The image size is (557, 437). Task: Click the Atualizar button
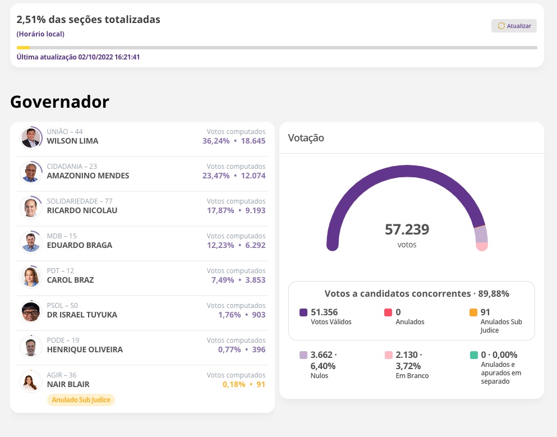(x=514, y=26)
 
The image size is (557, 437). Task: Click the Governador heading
(x=59, y=102)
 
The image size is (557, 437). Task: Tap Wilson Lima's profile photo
(x=30, y=137)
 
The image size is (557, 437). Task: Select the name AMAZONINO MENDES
(x=88, y=176)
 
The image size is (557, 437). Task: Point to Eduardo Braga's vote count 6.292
(x=253, y=245)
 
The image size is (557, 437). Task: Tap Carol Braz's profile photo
(x=30, y=277)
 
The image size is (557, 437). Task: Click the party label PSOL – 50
(x=62, y=306)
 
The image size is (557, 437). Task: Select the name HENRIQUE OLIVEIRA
(x=85, y=349)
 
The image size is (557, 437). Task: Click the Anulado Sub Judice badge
(x=81, y=400)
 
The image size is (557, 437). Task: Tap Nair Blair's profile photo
(x=30, y=381)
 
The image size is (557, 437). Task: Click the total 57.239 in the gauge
(x=407, y=229)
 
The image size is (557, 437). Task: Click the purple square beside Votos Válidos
(x=303, y=312)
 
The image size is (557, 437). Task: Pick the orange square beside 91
(x=473, y=312)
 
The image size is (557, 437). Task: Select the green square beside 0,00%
(x=473, y=355)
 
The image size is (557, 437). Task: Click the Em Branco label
(x=412, y=376)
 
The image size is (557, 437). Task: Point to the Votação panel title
(x=306, y=137)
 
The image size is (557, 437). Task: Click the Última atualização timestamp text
(x=78, y=57)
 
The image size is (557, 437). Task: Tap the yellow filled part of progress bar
(x=23, y=48)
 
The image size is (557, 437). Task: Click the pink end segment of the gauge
(x=482, y=246)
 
